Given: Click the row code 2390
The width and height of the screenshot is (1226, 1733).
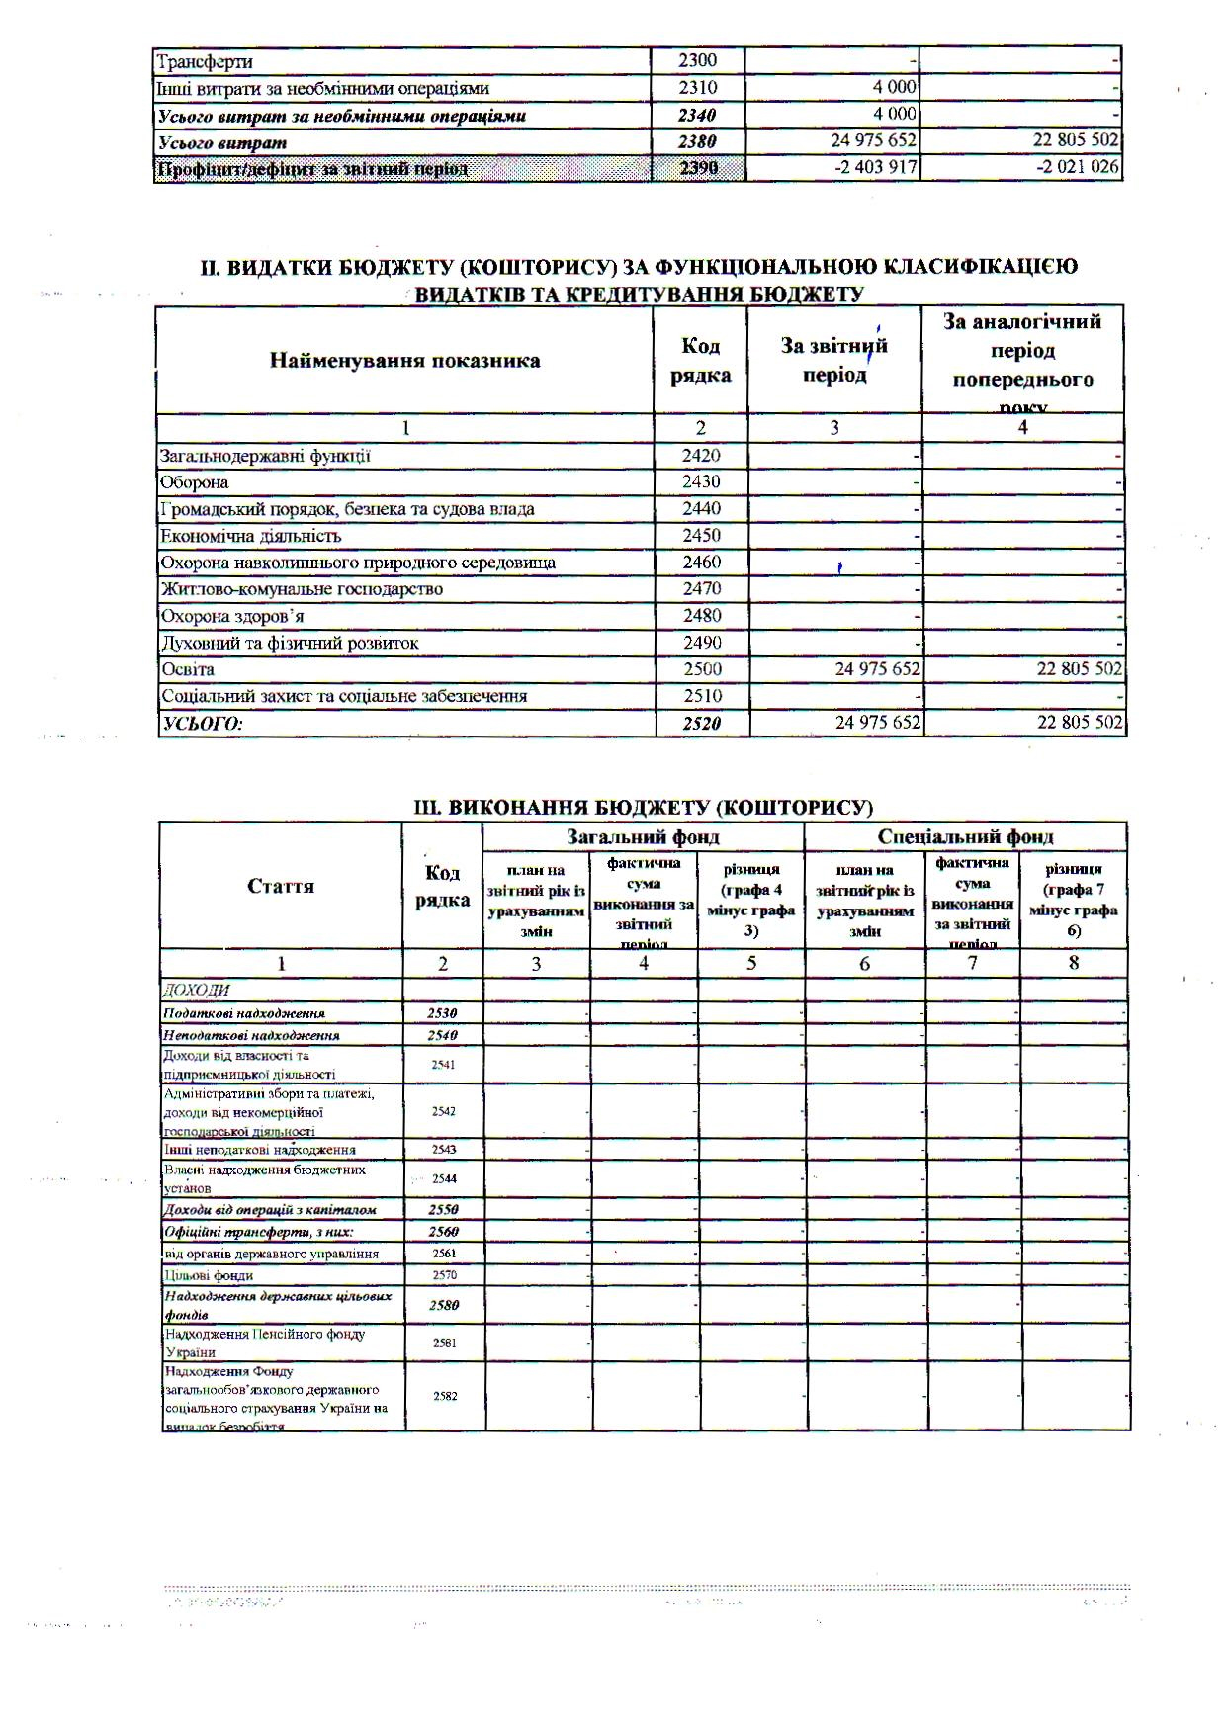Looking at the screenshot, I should [x=698, y=168].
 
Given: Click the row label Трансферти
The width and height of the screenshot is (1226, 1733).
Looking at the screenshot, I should [x=205, y=61].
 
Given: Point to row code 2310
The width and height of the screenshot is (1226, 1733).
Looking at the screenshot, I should [x=698, y=88].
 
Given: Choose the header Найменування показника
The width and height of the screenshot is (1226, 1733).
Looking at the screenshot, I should [x=404, y=360].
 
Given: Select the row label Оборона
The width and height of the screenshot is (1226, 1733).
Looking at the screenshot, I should [x=195, y=482].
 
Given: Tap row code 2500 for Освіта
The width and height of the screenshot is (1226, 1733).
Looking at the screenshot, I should [x=702, y=669].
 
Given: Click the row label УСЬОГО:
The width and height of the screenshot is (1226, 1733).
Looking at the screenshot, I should [x=202, y=723].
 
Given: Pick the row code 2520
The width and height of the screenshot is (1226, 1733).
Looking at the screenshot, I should [x=702, y=723].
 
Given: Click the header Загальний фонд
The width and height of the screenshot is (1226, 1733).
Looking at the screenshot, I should [x=643, y=836].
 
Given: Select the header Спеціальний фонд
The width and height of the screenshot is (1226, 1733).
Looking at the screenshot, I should [x=965, y=836].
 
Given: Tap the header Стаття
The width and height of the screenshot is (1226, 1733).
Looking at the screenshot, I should [x=281, y=886].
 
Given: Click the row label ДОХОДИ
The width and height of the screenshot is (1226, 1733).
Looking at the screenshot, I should [x=196, y=990].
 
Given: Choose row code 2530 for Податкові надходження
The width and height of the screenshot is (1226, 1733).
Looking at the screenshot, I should [x=442, y=1013].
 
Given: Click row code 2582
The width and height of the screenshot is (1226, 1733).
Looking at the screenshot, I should [x=444, y=1395].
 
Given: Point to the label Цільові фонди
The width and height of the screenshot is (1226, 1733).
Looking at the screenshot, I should [x=195, y=1275].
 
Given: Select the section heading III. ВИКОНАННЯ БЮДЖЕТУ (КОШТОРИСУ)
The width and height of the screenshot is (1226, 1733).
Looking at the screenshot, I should [x=643, y=807].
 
